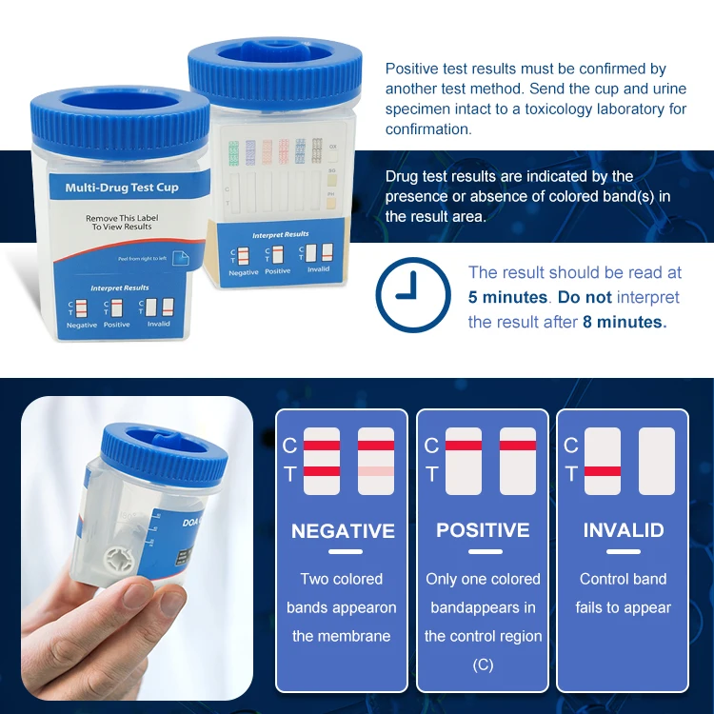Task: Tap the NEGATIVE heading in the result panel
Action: pos(344,530)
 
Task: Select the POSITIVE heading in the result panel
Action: pos(483,530)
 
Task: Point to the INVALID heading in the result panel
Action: pos(624,530)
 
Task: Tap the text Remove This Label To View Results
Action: pos(121,223)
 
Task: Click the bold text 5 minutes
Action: pos(507,297)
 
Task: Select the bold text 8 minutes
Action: pos(624,322)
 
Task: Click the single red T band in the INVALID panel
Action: pos(603,471)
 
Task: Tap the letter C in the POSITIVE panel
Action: pos(431,446)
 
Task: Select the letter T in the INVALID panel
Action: pos(571,473)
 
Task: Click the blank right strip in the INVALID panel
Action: pos(657,461)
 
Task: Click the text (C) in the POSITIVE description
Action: pos(483,664)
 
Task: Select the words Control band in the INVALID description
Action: pos(624,579)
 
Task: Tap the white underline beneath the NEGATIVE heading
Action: pos(344,552)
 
